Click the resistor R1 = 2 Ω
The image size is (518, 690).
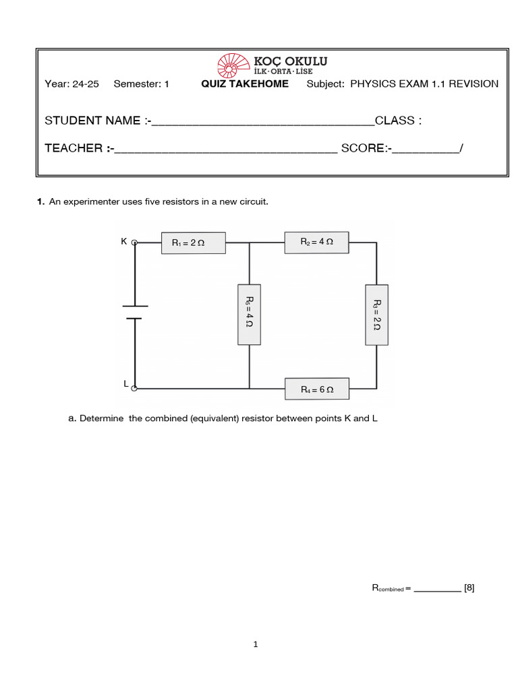[194, 243]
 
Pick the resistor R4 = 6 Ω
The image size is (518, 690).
[317, 389]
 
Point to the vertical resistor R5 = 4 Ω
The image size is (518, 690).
[249, 314]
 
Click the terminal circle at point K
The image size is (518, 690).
[135, 242]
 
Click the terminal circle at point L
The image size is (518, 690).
[135, 389]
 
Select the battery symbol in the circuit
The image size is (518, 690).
[135, 312]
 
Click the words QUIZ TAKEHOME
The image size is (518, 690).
[245, 84]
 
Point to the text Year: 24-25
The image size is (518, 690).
[71, 84]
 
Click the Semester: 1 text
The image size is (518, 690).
[142, 84]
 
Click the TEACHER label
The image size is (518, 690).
[74, 148]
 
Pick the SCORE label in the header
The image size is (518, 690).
[363, 148]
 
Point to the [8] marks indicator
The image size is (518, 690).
[469, 588]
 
